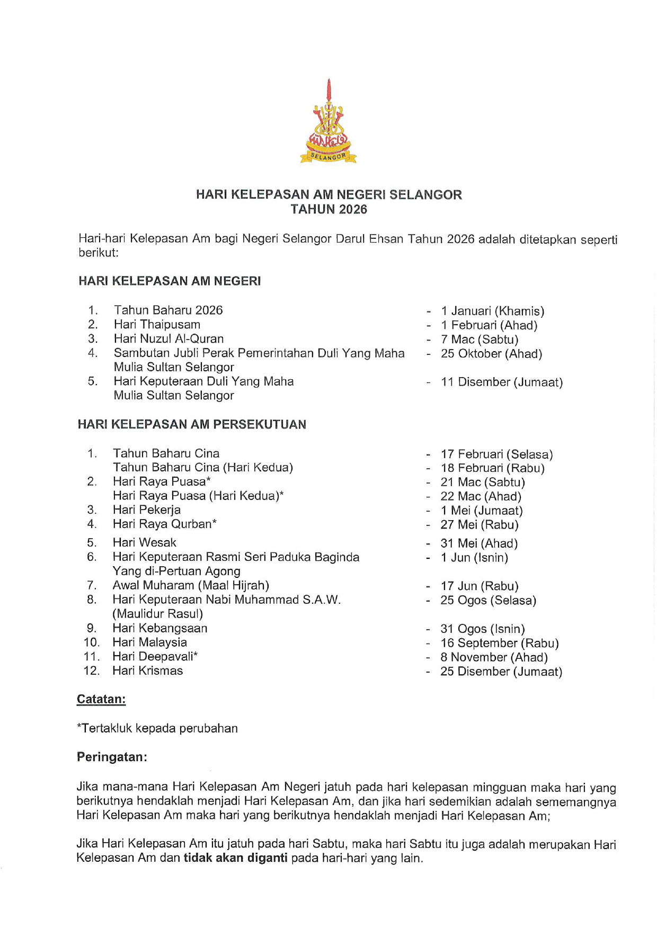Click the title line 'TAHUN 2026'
click(328, 210)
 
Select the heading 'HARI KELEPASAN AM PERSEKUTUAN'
click(192, 424)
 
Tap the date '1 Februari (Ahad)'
click(489, 325)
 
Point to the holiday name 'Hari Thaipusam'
click(157, 325)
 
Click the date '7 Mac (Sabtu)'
click(479, 340)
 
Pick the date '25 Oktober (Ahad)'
click(491, 354)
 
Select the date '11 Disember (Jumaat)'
click(501, 382)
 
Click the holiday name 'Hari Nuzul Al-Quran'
click(168, 339)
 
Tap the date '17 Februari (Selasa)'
click(496, 454)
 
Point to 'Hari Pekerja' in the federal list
click(147, 510)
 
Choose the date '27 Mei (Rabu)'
click(479, 525)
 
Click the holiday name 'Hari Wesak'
click(145, 542)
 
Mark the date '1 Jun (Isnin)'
click(474, 557)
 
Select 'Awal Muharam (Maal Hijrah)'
click(191, 585)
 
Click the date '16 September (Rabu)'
click(499, 643)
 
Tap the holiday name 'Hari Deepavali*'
click(155, 657)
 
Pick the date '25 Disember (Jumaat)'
click(501, 672)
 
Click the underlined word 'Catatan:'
click(101, 699)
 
